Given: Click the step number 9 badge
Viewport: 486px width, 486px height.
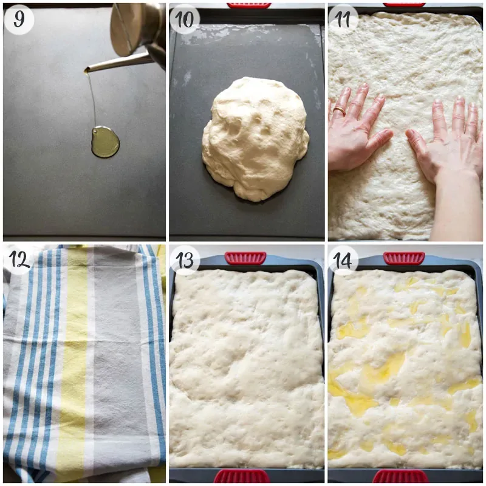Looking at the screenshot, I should click(19, 19).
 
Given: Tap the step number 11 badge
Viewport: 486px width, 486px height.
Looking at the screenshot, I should click(344, 19).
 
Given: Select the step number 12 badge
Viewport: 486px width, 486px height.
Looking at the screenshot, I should click(19, 260).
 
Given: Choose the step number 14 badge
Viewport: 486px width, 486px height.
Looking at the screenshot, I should click(344, 260).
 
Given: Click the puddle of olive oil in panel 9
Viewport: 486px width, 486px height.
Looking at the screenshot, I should click(105, 142).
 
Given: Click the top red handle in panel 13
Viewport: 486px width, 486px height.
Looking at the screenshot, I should click(245, 258).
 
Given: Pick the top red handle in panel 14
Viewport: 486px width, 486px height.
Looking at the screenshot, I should click(404, 258).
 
